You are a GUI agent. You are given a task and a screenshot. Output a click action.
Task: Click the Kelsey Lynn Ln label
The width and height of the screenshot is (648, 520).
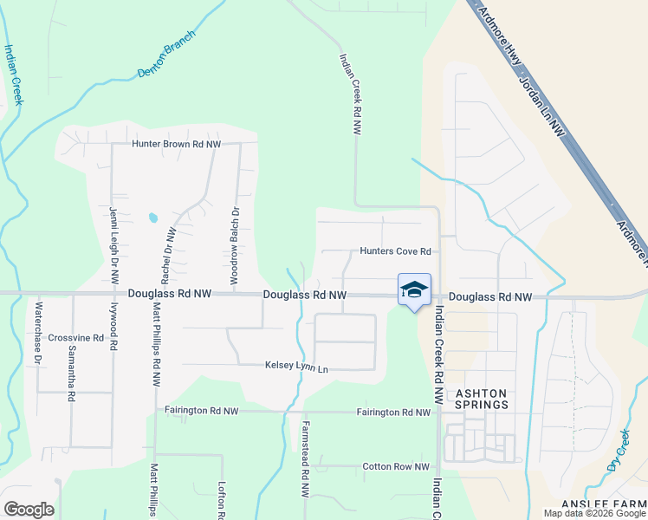297,368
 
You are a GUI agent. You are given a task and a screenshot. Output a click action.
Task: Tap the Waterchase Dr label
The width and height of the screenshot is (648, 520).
38,332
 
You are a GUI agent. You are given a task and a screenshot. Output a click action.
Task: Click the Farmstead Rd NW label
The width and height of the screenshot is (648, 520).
305,459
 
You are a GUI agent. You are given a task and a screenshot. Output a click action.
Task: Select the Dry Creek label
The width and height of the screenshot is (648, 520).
618,453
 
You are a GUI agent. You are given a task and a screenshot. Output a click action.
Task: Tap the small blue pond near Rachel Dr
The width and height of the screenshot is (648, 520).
153,218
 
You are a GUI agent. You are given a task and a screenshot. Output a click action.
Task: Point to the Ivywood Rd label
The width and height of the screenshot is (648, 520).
113,325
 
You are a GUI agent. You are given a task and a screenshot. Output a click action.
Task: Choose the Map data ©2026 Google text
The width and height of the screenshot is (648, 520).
594,513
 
